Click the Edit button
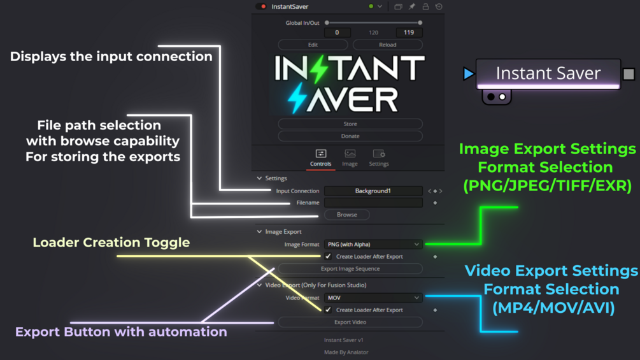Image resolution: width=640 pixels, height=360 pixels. point(313,45)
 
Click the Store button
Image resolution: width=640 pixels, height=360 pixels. point(350,124)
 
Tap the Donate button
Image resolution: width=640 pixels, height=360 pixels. point(350,136)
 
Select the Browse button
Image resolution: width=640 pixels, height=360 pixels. point(347,215)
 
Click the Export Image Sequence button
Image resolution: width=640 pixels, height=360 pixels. point(350,269)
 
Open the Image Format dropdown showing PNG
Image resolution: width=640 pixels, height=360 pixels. point(373,245)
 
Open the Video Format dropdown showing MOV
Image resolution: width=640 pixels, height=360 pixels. point(373,298)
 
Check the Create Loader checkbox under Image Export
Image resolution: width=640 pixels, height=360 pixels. point(328,256)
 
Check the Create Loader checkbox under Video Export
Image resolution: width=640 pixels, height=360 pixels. point(328,310)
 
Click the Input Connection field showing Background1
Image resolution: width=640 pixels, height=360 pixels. point(373,191)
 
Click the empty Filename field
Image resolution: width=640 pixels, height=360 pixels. point(373,203)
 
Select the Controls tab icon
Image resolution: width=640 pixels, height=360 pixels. point(321,154)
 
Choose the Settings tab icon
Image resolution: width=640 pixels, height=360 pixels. point(379,154)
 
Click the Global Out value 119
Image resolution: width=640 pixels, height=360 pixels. point(409,32)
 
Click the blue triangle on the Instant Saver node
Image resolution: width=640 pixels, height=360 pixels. point(469,73)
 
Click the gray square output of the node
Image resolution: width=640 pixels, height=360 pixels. point(629,74)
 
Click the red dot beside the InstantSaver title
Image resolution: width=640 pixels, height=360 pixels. point(263,6)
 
